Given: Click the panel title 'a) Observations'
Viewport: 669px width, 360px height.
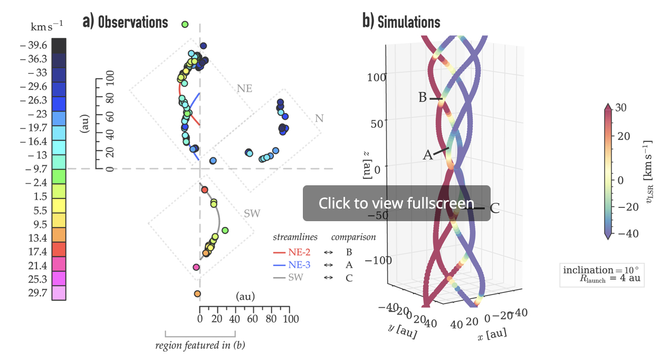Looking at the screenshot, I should click(x=125, y=22).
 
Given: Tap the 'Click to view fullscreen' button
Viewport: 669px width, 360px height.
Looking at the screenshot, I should click(x=396, y=203).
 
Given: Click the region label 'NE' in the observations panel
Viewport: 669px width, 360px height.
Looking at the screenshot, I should click(x=244, y=88).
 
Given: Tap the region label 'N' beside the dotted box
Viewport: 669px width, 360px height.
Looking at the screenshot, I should click(x=319, y=119).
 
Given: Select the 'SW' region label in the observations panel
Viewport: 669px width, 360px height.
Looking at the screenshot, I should click(x=252, y=214).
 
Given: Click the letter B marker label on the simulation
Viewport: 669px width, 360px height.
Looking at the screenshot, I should click(x=423, y=98).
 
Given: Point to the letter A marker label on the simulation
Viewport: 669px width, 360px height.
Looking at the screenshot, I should click(x=427, y=155).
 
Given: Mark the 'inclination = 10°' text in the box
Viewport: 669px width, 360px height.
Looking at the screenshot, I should click(x=601, y=270).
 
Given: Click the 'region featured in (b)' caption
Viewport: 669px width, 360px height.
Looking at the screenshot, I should click(x=200, y=346).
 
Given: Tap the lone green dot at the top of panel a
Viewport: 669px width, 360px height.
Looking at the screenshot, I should click(x=185, y=24).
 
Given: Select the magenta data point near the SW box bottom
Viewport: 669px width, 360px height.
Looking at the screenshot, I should click(x=196, y=267).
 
